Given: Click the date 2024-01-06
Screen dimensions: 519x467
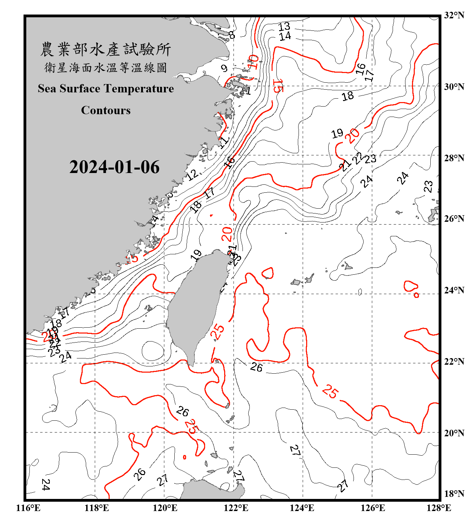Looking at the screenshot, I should click(x=115, y=167).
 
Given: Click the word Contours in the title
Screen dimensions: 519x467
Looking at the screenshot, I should click(x=106, y=110).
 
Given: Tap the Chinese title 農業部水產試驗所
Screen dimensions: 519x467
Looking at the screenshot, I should click(x=106, y=49).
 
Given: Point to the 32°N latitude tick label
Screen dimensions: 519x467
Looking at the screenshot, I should click(x=454, y=15).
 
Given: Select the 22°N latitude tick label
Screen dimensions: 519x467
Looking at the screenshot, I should click(x=454, y=362).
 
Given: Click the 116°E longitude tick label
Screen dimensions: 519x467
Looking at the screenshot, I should click(x=28, y=508).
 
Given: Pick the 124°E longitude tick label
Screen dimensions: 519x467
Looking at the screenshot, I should click(x=302, y=508).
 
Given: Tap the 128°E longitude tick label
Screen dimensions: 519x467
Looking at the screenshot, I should click(x=439, y=508).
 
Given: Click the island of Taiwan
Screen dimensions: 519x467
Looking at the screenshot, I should click(x=195, y=304).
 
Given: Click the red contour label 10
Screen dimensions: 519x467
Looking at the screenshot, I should click(x=254, y=62).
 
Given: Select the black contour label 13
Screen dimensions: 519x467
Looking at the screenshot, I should click(x=284, y=26).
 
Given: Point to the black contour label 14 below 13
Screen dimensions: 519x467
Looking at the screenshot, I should click(x=285, y=36).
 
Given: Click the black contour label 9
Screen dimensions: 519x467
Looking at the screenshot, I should click(x=225, y=68).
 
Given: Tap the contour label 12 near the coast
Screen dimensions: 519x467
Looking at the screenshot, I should click(x=192, y=174).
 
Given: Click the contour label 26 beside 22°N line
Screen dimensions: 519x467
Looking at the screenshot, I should click(x=256, y=367).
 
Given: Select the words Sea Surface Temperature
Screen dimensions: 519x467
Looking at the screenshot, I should click(x=106, y=89).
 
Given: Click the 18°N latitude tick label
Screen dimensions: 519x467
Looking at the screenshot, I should click(x=454, y=494).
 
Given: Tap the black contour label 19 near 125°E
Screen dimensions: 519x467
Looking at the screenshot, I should click(x=337, y=133).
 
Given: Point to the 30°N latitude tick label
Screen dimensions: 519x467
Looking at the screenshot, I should click(x=454, y=86).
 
